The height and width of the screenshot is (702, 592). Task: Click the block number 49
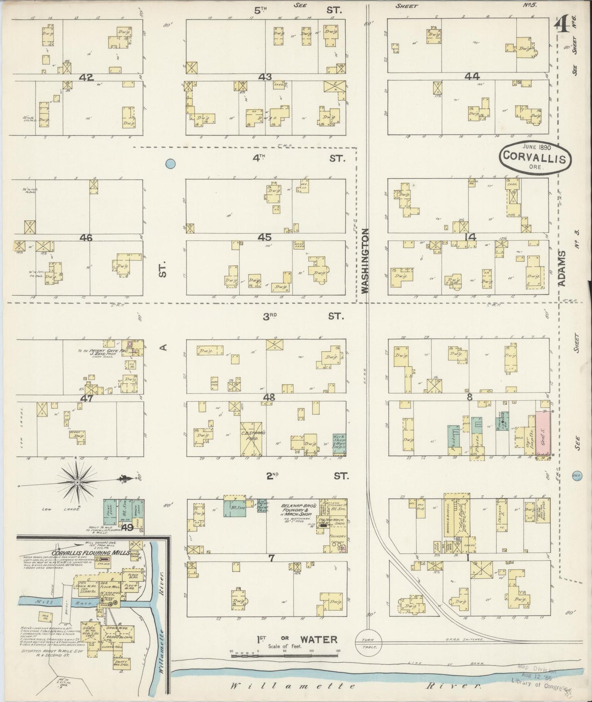pyautogui.click(x=127, y=528)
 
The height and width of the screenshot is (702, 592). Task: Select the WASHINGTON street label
pyautogui.click(x=365, y=260)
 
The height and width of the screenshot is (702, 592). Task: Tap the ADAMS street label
pyautogui.click(x=562, y=268)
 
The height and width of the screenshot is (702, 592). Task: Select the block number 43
pyautogui.click(x=265, y=77)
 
